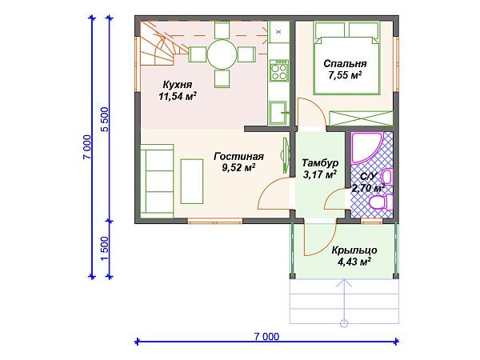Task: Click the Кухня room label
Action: [178, 84]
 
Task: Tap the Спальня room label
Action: [345, 64]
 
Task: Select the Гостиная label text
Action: [238, 157]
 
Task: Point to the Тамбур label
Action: [320, 162]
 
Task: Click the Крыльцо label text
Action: [354, 250]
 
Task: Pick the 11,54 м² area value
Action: [178, 97]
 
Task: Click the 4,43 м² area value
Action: [354, 262]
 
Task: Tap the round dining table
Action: [222, 54]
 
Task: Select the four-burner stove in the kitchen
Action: [279, 70]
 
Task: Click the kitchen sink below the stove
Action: [278, 113]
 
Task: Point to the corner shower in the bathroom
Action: [366, 148]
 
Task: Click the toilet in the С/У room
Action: [381, 202]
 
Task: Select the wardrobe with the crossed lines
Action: [361, 118]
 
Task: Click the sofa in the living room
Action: [157, 181]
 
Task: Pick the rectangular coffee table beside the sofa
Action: [192, 182]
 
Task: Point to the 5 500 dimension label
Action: [105, 119]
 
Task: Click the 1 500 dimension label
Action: [105, 249]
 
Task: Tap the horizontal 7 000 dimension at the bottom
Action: [266, 337]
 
